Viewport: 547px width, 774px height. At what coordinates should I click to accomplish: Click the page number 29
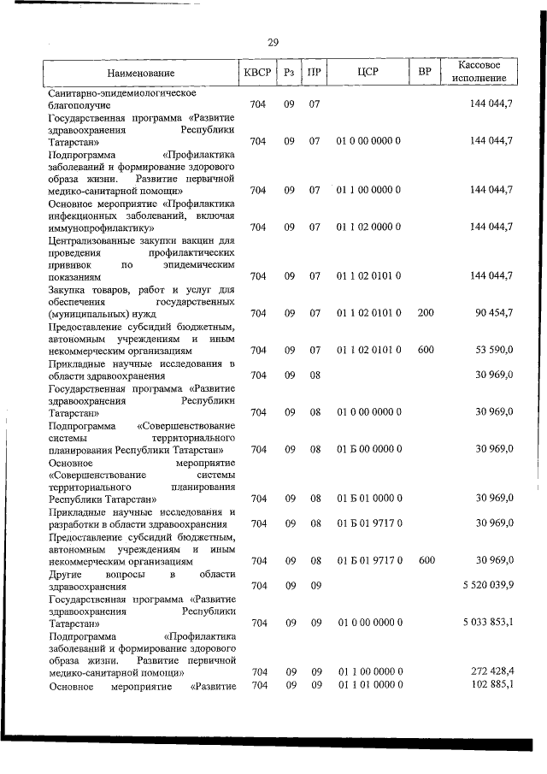[273, 42]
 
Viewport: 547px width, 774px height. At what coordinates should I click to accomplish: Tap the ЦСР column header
[368, 73]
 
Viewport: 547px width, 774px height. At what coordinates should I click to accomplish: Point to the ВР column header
[424, 73]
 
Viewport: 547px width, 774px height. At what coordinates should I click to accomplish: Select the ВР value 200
[426, 313]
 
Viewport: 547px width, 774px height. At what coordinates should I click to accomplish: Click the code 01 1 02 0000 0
[368, 227]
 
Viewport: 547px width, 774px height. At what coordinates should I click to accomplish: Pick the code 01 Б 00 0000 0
[368, 448]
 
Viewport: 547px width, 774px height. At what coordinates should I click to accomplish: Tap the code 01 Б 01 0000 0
[368, 498]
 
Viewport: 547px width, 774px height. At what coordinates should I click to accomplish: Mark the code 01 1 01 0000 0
[368, 685]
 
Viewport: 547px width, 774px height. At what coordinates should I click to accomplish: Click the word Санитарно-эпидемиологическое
[123, 92]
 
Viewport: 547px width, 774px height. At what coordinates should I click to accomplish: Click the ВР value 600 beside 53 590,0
[426, 350]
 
